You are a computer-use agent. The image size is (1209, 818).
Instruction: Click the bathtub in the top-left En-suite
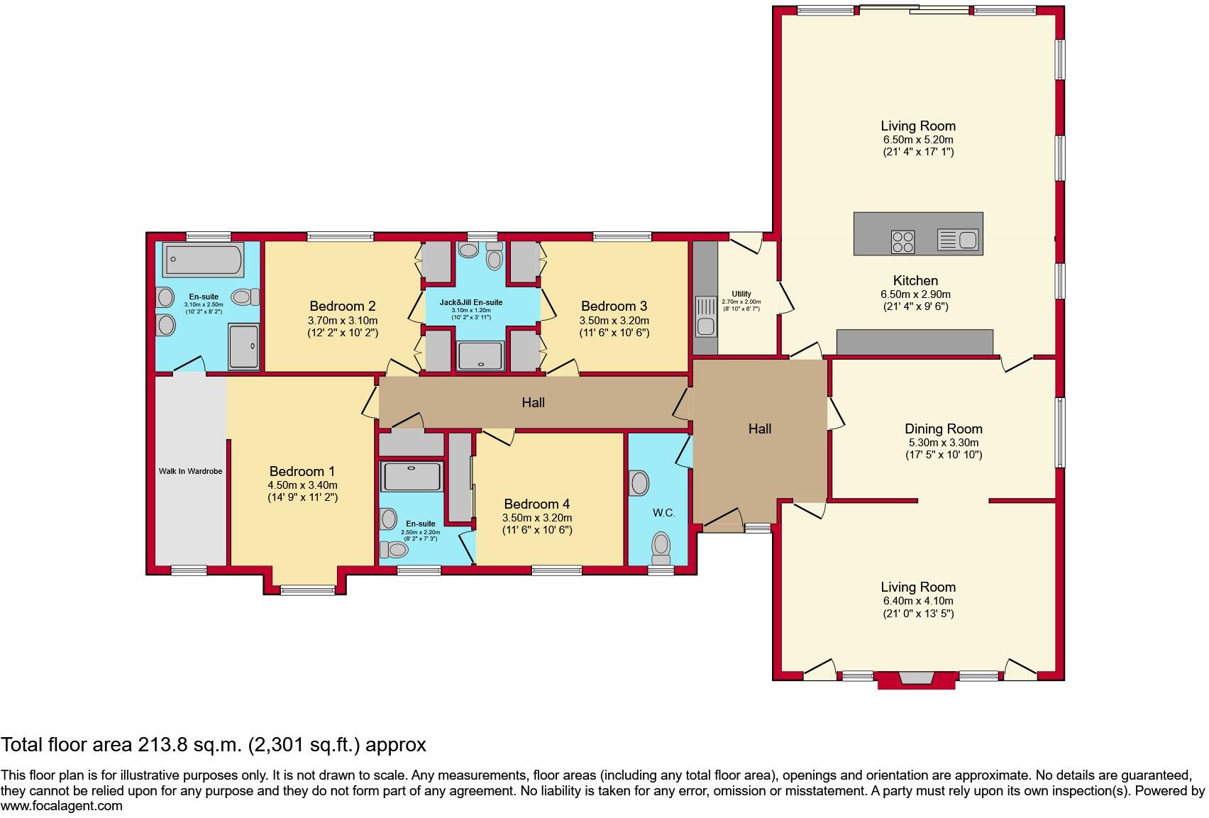(x=203, y=260)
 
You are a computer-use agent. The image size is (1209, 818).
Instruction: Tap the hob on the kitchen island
(x=903, y=242)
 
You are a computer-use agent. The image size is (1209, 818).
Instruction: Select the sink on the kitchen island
(x=958, y=240)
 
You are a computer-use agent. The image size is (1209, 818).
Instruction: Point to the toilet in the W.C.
(x=661, y=548)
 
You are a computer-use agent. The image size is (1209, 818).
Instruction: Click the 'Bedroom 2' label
(x=342, y=306)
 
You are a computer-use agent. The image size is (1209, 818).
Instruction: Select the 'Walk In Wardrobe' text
(x=191, y=471)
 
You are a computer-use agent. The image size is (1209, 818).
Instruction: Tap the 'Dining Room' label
(x=944, y=429)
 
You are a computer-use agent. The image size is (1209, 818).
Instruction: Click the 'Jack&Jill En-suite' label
(x=471, y=302)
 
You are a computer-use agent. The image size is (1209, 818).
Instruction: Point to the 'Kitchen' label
(x=915, y=280)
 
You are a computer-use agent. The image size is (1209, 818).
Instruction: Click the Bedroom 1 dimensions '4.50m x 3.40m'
(x=303, y=485)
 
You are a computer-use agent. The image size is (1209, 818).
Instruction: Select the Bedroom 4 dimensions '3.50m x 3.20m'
(x=537, y=517)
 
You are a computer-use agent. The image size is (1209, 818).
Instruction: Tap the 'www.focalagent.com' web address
(x=62, y=806)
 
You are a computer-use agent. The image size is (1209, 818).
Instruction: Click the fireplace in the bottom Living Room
(x=917, y=680)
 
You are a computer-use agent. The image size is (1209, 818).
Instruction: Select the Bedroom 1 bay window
(x=308, y=590)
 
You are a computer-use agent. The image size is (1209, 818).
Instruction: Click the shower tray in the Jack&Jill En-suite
(x=480, y=356)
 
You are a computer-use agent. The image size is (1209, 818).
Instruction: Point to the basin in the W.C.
(x=639, y=483)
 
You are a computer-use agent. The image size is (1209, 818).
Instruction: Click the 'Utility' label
(x=741, y=294)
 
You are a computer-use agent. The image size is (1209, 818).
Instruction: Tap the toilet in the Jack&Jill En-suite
(x=494, y=256)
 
